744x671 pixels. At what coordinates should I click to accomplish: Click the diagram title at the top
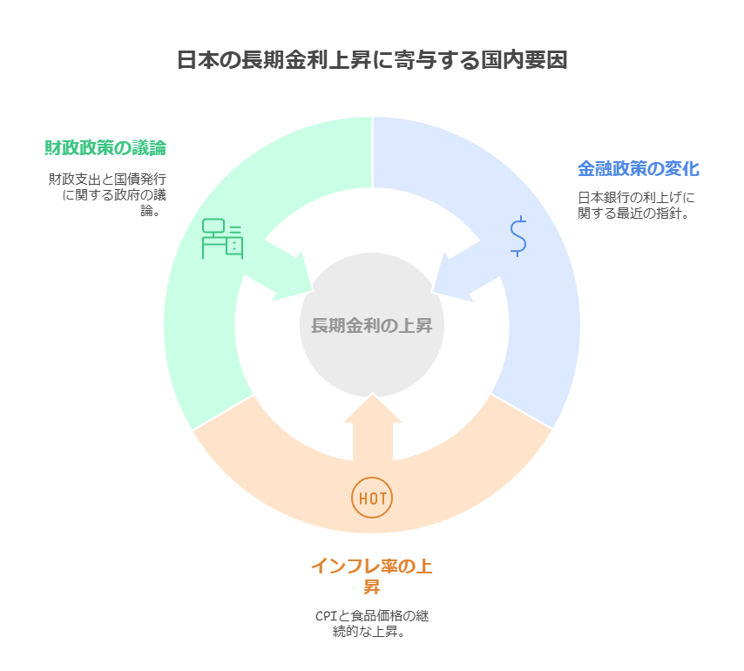(372, 61)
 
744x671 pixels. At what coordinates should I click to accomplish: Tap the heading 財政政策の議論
(105, 146)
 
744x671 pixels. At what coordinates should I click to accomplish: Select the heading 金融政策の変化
(639, 168)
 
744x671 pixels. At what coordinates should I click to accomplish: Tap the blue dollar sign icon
(518, 236)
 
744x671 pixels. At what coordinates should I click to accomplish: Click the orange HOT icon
(372, 498)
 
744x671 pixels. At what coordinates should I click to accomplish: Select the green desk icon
(223, 239)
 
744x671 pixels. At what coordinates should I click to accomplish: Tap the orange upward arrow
(373, 427)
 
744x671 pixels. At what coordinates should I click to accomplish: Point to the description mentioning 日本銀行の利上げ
(636, 205)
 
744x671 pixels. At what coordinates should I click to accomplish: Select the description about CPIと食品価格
(372, 624)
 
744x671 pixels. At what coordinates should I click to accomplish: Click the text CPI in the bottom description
(326, 616)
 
